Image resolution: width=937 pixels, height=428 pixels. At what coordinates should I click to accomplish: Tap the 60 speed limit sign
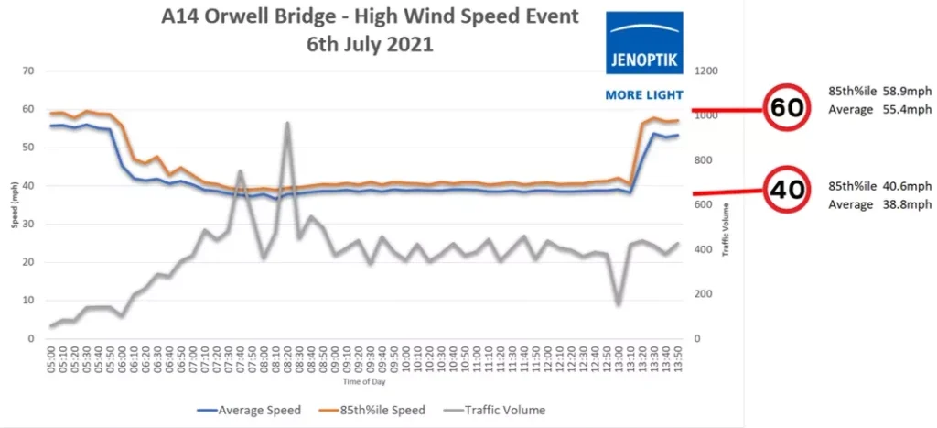click(787, 108)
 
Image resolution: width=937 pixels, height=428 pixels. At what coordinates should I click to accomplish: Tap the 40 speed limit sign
click(787, 190)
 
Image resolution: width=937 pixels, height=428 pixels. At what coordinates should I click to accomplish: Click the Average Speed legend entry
click(250, 409)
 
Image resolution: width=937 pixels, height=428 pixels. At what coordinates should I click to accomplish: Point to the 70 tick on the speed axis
click(29, 71)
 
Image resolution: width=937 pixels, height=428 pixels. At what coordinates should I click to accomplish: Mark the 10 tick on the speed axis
click(29, 301)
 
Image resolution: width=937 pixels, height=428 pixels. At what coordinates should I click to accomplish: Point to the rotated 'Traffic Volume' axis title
click(725, 229)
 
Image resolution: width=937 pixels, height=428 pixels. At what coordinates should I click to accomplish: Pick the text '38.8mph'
click(905, 204)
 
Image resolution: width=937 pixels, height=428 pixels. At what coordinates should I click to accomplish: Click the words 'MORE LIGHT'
click(643, 94)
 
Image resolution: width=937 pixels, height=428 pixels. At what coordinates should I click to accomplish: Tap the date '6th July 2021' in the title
click(370, 43)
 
